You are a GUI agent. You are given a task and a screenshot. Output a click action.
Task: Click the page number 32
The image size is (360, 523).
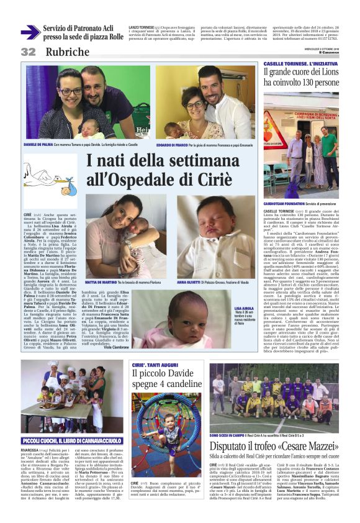pyautogui.click(x=29, y=52)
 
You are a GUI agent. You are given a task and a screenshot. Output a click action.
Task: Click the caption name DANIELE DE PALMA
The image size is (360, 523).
pyautogui.click(x=38, y=143)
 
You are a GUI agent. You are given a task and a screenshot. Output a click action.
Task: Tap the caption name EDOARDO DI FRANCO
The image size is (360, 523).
pyautogui.click(x=173, y=143)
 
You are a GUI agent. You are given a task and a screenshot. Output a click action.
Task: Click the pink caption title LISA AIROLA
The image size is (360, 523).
pyautogui.click(x=245, y=308)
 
